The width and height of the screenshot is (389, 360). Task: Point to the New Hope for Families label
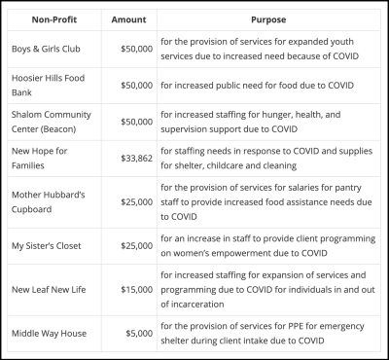click(x=41, y=159)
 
